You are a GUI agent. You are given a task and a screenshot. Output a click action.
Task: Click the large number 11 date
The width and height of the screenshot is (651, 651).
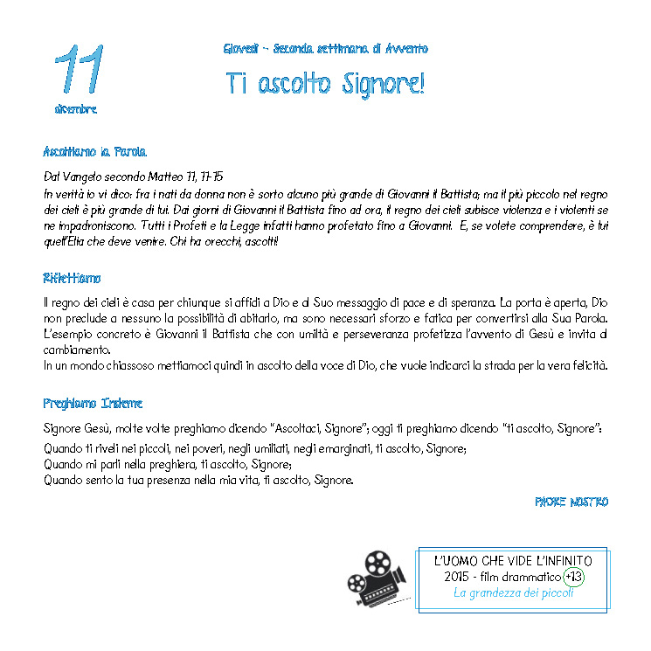79,68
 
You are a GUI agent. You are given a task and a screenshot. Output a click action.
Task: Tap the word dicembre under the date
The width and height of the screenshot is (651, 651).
76,109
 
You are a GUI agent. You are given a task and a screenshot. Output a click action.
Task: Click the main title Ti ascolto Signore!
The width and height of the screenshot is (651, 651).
325,83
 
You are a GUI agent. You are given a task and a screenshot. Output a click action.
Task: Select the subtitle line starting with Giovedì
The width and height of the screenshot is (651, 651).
325,49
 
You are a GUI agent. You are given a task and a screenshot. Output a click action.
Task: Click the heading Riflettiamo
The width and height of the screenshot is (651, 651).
72,278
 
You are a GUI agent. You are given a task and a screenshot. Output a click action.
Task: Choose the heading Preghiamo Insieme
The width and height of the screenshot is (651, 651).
93,404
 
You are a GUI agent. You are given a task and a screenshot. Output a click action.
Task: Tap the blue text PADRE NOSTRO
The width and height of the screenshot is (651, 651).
571,502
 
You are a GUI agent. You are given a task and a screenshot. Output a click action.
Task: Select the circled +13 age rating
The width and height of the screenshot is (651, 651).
574,577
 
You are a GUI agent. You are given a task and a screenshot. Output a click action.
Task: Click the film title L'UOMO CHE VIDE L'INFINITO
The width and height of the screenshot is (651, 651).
513,561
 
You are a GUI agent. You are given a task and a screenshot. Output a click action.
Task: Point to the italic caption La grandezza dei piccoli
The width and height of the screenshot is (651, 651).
513,594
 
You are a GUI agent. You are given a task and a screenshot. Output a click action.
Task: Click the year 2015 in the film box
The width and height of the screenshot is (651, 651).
457,578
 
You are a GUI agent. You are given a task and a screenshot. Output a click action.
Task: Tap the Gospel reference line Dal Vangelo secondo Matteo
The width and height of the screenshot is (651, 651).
133,177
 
